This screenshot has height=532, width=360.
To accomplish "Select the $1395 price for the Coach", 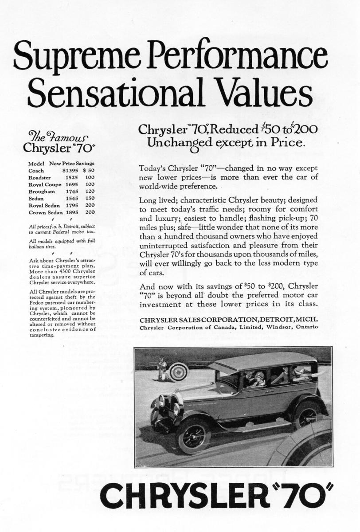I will click(70, 170).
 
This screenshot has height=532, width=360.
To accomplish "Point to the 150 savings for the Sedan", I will click(90, 199).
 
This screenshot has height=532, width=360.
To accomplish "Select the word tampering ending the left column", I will click(41, 335).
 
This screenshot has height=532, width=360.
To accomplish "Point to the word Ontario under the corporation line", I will click(305, 328).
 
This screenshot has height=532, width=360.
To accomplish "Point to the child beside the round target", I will click(162, 369).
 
